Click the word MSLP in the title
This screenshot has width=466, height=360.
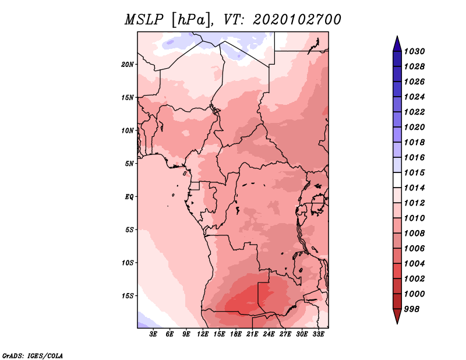(144, 20)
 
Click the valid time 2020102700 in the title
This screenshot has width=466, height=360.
(297, 20)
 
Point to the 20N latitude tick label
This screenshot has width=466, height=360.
(128, 65)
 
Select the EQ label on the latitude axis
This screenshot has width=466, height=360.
(129, 197)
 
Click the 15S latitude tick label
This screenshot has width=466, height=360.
(128, 296)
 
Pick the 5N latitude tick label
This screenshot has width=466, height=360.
(129, 164)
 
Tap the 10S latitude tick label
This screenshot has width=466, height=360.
(128, 263)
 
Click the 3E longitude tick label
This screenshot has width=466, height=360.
(153, 334)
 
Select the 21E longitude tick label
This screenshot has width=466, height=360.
(252, 334)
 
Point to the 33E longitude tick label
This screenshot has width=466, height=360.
(318, 334)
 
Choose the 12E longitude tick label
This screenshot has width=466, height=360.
(203, 334)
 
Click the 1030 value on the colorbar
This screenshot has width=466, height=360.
(414, 51)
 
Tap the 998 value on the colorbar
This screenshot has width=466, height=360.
(412, 309)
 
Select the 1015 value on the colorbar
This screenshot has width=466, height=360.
(414, 172)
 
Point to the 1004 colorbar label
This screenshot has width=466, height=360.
(414, 264)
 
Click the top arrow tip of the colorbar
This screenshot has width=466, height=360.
(397, 36)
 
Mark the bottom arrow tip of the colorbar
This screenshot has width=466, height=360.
(397, 324)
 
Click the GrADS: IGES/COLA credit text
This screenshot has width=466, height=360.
(33, 356)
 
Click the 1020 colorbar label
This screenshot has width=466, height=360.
(414, 127)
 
